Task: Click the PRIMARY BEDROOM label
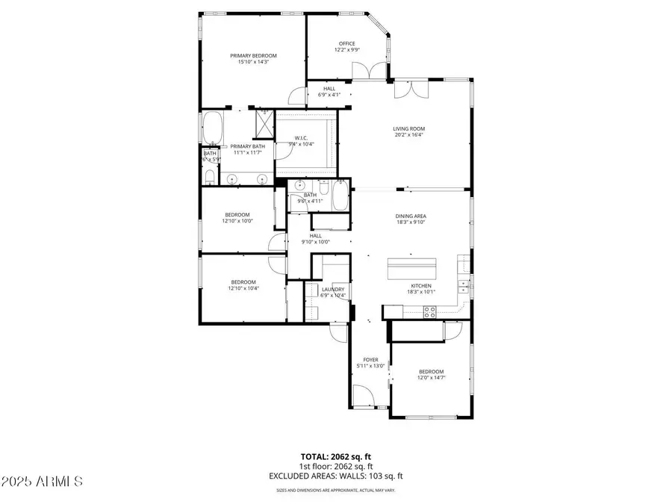[x=253, y=55]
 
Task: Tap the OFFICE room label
[x=346, y=43]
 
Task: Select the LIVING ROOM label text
[x=408, y=128]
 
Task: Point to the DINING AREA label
[x=411, y=217]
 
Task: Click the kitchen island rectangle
[x=411, y=267]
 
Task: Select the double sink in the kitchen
[x=464, y=284]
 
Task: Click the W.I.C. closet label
[x=302, y=137]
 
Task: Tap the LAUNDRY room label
[x=333, y=289]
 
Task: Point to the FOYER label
[x=370, y=359]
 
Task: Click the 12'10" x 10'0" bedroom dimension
[x=238, y=220]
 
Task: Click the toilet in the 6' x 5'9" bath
[x=210, y=177]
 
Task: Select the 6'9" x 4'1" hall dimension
[x=329, y=95]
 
